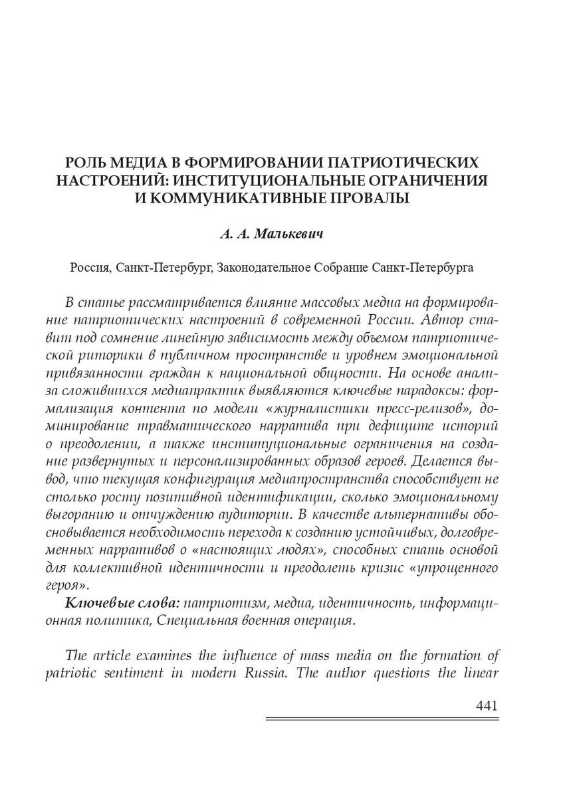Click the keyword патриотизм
[x=221, y=603]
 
